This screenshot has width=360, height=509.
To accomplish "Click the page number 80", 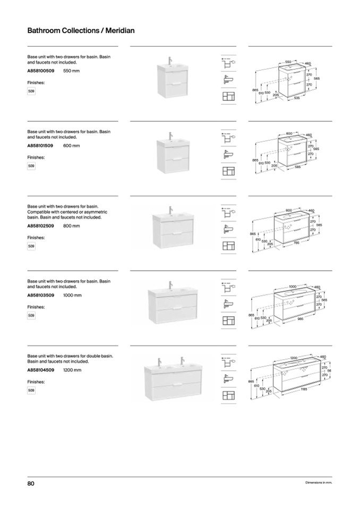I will (31, 483).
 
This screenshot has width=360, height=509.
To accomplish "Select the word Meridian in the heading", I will (119, 31).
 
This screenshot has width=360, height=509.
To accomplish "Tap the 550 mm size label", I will (71, 71).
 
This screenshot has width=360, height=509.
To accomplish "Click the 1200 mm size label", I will (72, 369).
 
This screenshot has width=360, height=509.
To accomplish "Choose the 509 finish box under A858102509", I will (31, 246).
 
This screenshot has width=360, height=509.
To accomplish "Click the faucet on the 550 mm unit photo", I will (171, 59).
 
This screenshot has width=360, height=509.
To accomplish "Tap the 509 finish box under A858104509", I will (31, 391).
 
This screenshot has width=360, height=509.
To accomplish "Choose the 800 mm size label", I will (71, 226).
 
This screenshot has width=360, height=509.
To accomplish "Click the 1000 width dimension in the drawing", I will (293, 286).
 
